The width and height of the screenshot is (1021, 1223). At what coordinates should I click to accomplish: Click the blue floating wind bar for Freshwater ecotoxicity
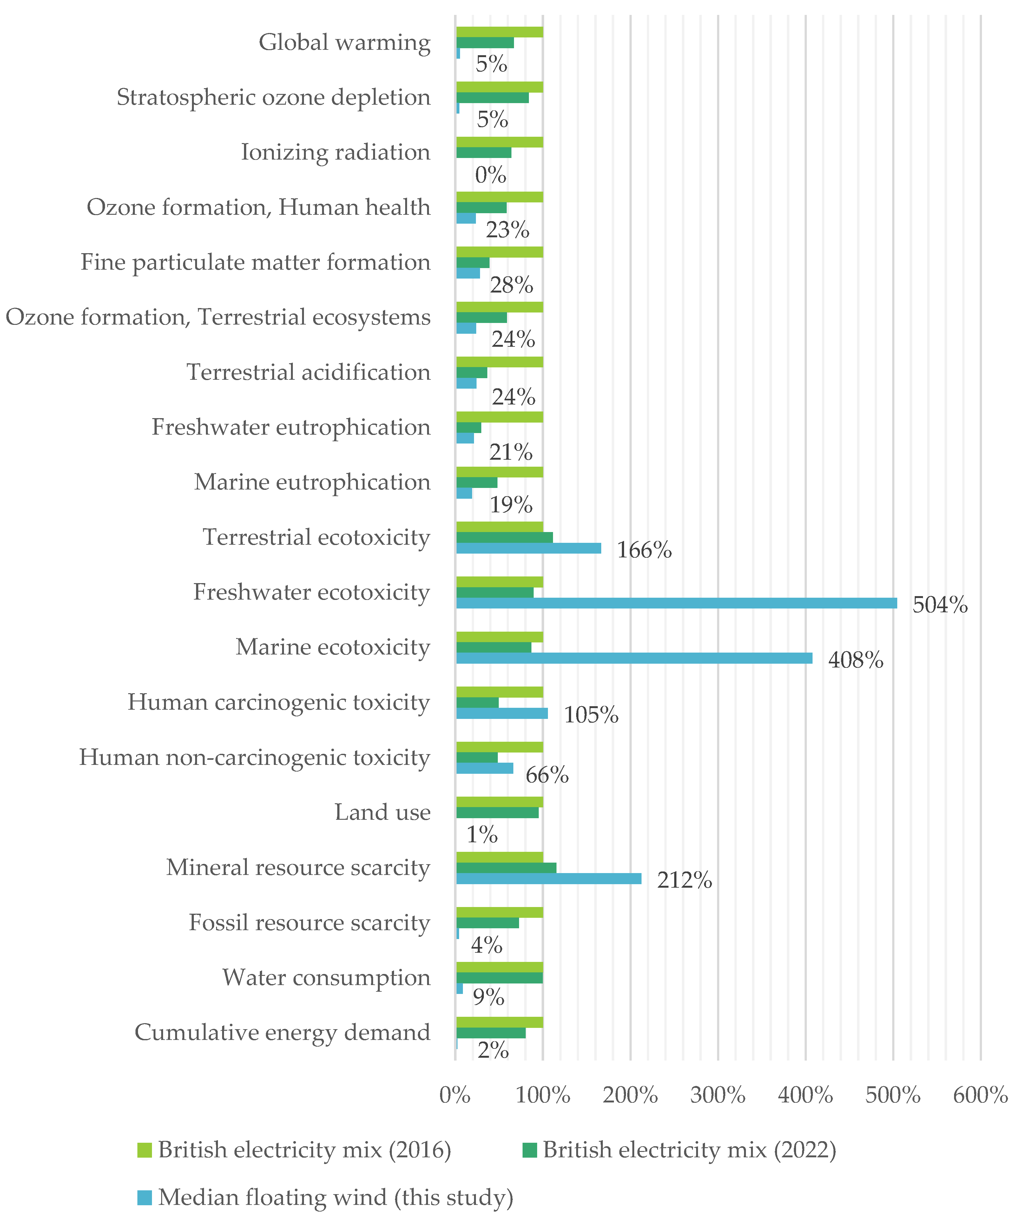point(675,603)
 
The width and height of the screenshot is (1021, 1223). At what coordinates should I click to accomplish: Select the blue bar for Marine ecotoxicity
point(634,658)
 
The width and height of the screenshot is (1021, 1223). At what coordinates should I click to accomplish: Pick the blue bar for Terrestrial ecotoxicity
point(528,548)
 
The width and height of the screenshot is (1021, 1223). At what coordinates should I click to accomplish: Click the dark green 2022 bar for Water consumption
point(499,978)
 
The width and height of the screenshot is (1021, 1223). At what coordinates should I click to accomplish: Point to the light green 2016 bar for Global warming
point(499,32)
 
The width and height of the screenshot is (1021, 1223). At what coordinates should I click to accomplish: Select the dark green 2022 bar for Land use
point(497,812)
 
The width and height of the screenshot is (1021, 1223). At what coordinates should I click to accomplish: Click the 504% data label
point(939,605)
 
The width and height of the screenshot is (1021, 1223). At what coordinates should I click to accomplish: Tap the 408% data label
point(855,660)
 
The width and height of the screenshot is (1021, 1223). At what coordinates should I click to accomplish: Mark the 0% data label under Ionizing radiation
point(490,175)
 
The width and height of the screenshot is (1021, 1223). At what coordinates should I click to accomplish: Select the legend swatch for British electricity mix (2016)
point(144,1150)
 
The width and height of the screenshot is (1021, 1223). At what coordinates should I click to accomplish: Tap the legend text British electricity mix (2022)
point(689,1150)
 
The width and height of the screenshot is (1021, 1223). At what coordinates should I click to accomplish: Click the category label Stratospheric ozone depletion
point(273,97)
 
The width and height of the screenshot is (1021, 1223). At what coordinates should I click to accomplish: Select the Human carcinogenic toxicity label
point(278,702)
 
